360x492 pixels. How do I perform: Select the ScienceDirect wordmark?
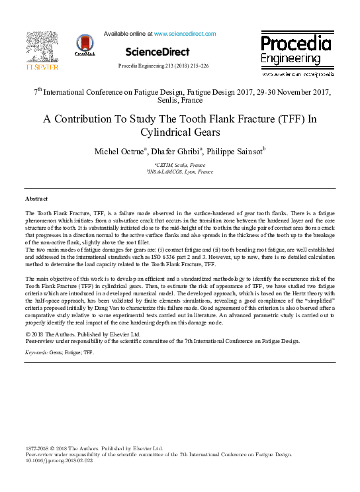pyautogui.click(x=157, y=52)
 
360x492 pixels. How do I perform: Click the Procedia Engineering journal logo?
pyautogui.click(x=295, y=50)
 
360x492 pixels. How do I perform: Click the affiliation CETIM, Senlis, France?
pyautogui.click(x=180, y=165)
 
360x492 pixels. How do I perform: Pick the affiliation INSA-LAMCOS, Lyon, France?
pyautogui.click(x=180, y=171)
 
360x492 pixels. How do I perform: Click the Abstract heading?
pyautogui.click(x=36, y=199)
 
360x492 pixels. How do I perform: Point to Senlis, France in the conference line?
pyautogui.click(x=180, y=101)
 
